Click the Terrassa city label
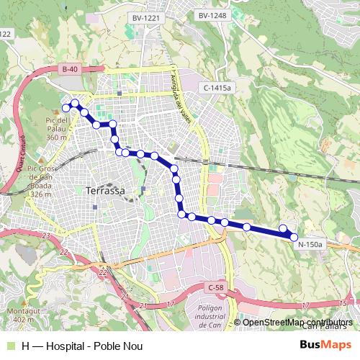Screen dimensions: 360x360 pyautogui.click(x=105, y=191)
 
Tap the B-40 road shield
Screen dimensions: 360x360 pyautogui.click(x=69, y=69)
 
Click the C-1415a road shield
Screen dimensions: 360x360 pyautogui.click(x=217, y=87)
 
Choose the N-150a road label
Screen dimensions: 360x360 pyautogui.click(x=311, y=244)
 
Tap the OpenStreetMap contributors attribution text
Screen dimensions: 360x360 pyautogui.click(x=297, y=322)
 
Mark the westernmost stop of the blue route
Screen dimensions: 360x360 pyautogui.click(x=66, y=108)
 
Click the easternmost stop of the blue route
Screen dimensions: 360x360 pyautogui.click(x=293, y=236)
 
